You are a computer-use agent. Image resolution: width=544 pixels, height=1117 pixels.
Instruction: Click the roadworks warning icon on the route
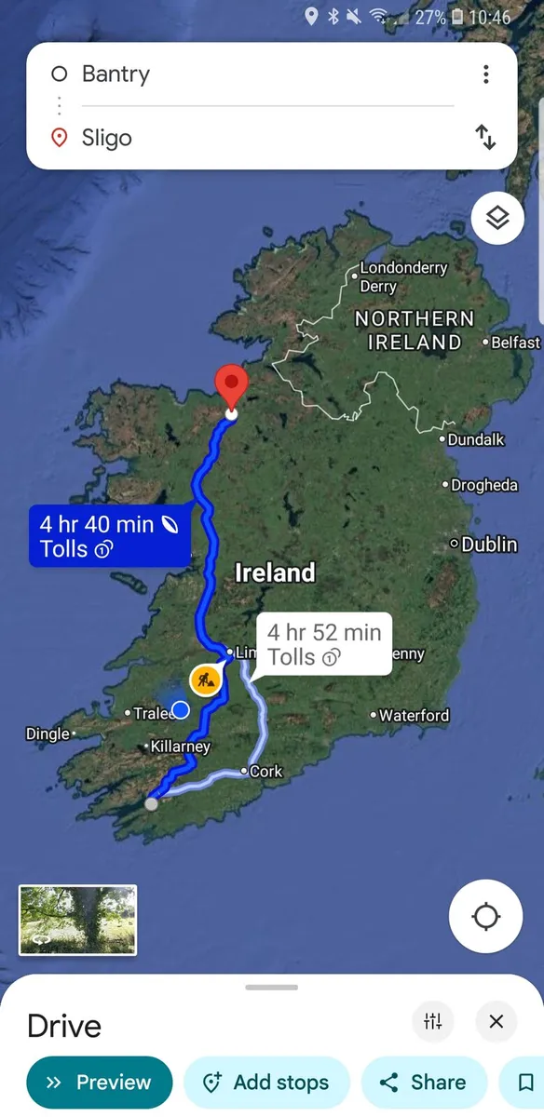coord(205,680)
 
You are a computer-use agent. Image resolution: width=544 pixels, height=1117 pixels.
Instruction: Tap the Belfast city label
coord(515,343)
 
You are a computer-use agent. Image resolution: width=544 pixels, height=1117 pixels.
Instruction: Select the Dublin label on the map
coord(489,544)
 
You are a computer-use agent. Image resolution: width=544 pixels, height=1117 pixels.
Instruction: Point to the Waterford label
coord(414,715)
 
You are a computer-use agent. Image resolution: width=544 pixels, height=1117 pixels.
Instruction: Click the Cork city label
coord(265,772)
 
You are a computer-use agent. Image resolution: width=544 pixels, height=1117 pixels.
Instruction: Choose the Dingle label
coord(48,734)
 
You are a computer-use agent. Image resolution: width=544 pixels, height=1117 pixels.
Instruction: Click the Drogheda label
coord(483,485)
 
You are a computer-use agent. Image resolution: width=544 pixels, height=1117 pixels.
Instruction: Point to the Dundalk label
coord(475,439)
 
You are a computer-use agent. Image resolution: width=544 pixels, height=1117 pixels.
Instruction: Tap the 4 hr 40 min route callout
coord(109,536)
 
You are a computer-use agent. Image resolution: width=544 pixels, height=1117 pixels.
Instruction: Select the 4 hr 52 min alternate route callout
coord(323,644)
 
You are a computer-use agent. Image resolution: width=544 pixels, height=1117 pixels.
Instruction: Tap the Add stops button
coord(266,1083)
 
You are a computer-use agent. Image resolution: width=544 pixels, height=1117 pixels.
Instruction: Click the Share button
coord(423,1083)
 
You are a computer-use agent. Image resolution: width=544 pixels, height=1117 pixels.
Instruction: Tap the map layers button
coord(497,219)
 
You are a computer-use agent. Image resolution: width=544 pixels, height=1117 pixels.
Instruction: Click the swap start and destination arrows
coord(485,138)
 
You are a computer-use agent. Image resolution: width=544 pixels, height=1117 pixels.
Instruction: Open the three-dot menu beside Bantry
coord(485,74)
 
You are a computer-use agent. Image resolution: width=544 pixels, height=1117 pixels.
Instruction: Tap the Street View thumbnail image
coord(77,920)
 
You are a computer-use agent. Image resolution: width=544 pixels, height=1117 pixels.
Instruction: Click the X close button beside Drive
coord(496,1022)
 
